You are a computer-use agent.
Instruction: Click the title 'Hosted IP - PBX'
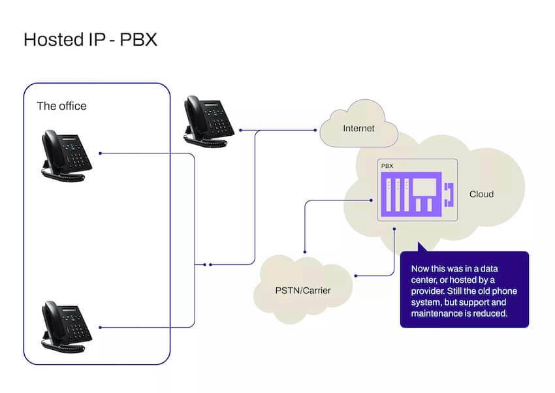[90, 40]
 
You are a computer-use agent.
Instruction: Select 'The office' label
[61, 106]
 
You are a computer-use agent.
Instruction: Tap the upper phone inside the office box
[66, 154]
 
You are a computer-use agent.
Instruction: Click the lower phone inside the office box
[66, 322]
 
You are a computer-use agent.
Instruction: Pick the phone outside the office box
[208, 119]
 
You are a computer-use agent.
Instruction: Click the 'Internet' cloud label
[358, 128]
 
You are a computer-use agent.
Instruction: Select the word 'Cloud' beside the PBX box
[481, 194]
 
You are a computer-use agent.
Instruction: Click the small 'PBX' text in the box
[387, 167]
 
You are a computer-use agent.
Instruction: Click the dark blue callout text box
[464, 289]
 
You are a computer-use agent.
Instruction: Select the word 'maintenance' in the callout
[436, 314]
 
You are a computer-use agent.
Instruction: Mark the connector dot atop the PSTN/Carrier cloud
[304, 251]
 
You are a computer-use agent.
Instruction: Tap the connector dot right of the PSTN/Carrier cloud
[356, 275]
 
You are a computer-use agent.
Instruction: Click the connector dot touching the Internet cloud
[316, 131]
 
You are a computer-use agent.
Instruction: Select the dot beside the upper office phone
[100, 154]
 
